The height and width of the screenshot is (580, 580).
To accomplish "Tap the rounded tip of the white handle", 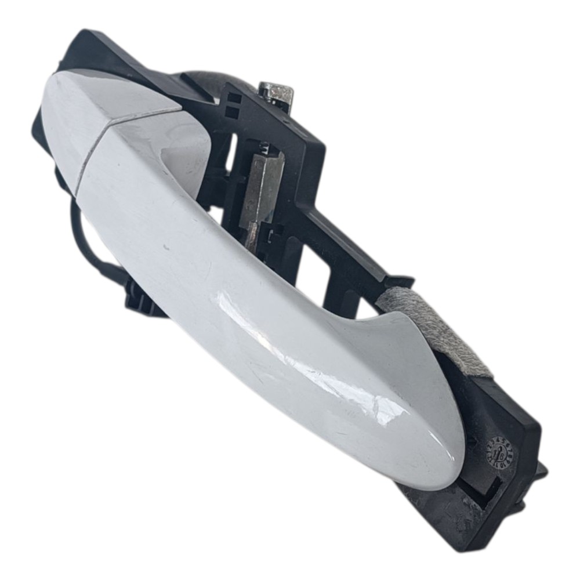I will pos(441,464).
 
